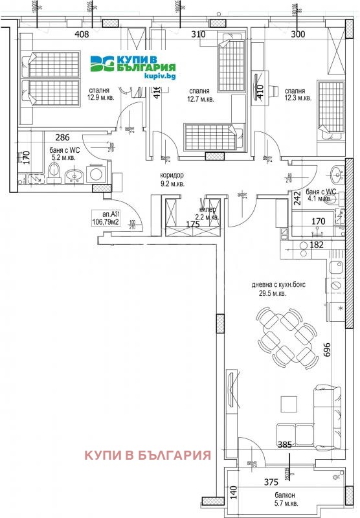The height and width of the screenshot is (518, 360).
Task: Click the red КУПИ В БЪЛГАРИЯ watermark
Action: [148, 455]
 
